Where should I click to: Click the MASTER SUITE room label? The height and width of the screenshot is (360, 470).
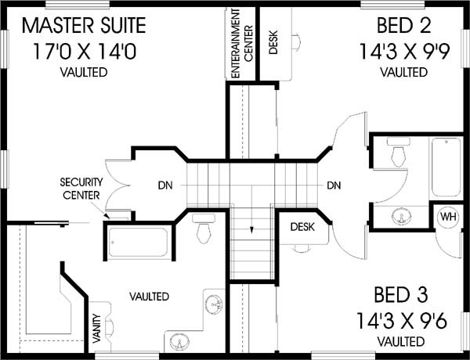[84, 25]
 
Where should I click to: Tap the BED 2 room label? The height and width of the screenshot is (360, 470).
[403, 25]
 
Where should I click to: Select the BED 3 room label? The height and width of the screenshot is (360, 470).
[401, 295]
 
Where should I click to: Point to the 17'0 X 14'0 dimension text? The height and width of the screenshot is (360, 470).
[85, 52]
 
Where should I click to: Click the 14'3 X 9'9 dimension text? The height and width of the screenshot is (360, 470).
[404, 52]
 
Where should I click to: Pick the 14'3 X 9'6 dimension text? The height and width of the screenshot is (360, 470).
[402, 321]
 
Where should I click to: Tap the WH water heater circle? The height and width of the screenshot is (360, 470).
[449, 216]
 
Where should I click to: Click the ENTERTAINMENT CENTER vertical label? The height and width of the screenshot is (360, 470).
[242, 44]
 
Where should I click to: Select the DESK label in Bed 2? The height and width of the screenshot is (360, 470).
[273, 42]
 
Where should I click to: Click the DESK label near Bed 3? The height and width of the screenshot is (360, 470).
[302, 227]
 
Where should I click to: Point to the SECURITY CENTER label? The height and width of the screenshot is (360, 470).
[81, 189]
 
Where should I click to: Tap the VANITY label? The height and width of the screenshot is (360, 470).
[96, 328]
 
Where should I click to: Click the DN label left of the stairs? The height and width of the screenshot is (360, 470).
[165, 185]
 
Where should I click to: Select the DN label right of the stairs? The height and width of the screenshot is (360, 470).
[334, 185]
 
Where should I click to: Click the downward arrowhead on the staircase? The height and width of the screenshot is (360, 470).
[251, 230]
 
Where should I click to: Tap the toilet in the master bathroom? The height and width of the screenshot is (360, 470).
[204, 229]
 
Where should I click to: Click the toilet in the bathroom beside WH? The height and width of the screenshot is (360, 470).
[399, 152]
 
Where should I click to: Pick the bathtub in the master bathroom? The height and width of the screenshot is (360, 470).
[138, 243]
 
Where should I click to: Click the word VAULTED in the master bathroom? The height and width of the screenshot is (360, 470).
[150, 297]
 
